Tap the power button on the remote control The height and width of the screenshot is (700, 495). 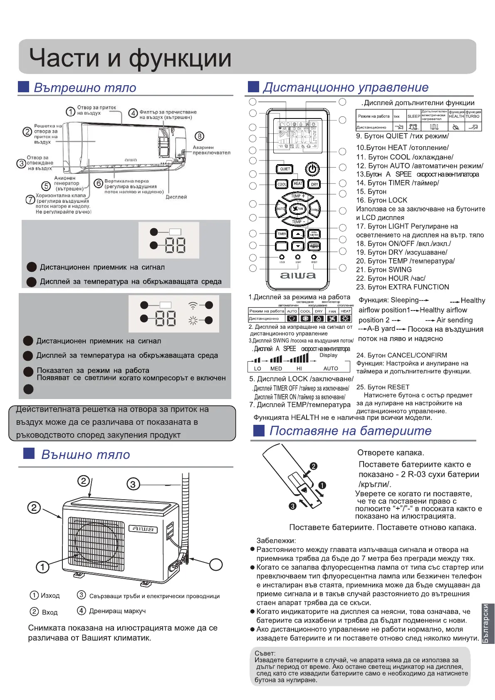coord(312,169)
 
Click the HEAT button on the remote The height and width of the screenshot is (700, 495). coord(298,184)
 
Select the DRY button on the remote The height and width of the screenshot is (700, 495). coord(314,184)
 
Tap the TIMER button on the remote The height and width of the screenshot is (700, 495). coord(282,234)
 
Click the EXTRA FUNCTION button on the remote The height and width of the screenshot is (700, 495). coord(314,234)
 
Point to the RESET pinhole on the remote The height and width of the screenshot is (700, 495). coord(314,257)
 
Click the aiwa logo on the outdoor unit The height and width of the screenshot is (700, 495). coord(143,529)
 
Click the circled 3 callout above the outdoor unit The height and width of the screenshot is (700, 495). coord(133,484)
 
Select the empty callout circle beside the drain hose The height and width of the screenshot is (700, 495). coord(216,564)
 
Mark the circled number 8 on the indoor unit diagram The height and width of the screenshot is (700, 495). coord(200,136)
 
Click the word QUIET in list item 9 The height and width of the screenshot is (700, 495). coord(397,136)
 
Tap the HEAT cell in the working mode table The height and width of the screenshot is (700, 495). coord(346,311)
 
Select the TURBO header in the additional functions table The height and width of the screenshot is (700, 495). coord(473,116)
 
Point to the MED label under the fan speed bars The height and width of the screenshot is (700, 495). coord(276,369)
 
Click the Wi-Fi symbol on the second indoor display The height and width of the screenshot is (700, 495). coord(193,306)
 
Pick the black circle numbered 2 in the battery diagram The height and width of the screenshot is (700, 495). coord(314,466)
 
